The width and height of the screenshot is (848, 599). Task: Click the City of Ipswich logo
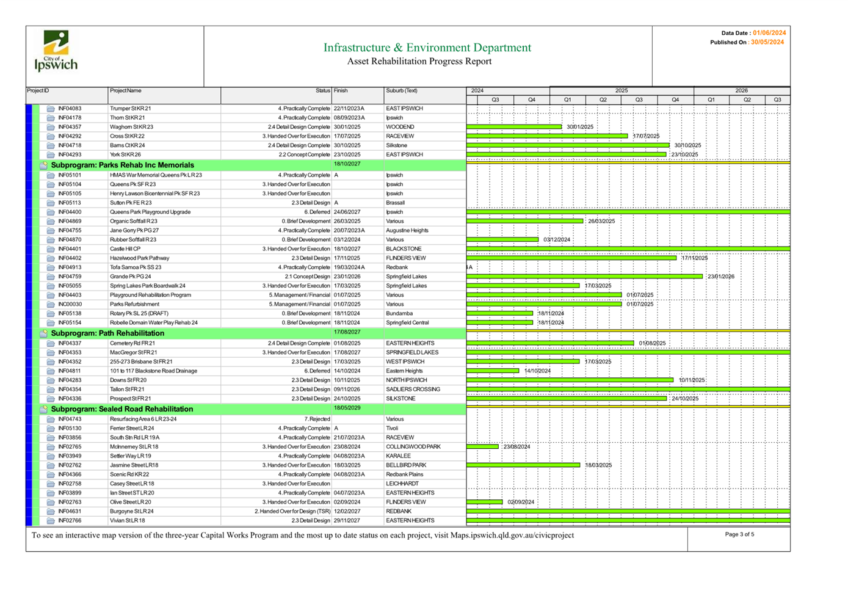coord(56,51)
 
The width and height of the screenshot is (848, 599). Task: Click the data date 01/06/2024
coord(769,33)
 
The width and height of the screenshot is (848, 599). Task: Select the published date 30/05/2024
coord(767,42)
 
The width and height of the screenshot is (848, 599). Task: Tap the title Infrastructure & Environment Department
coord(427,47)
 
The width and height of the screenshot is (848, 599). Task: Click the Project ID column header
coord(38,90)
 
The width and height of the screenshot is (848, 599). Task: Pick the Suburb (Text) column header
coord(402,90)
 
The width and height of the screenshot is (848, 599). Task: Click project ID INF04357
coord(70,127)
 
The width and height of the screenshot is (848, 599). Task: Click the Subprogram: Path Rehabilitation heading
coord(107,333)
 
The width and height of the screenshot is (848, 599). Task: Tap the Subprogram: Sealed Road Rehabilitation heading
coord(121,409)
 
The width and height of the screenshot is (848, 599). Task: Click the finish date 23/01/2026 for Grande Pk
coord(347,277)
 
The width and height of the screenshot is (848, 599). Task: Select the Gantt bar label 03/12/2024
coord(557,240)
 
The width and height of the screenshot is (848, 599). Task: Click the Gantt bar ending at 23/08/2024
coord(482,446)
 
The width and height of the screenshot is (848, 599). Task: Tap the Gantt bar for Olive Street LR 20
coord(484,502)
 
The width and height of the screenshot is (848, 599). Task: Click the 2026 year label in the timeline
coord(741,90)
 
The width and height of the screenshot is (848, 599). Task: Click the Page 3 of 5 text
coord(739,534)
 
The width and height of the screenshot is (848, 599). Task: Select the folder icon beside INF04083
coord(51,109)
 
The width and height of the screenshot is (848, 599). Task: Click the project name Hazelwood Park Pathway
coord(140,258)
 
